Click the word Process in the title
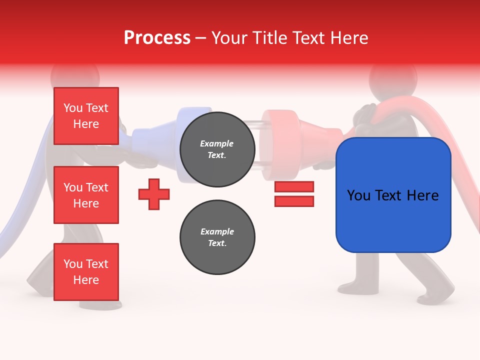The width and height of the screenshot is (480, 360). pos(157,38)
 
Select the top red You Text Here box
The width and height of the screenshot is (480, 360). pos(86,116)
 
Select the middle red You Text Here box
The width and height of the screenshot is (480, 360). pos(86,195)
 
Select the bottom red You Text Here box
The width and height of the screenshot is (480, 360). pos(86,271)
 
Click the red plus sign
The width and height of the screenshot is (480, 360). pos(154,194)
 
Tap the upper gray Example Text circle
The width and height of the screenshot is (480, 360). pos(217,149)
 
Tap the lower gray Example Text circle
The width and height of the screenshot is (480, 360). pos(217,237)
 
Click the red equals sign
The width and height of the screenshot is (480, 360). pos(294,194)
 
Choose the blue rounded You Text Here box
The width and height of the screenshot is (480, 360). pos(393,195)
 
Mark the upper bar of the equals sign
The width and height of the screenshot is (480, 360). pos(294,186)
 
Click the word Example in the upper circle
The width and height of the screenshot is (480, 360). pos(217,143)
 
